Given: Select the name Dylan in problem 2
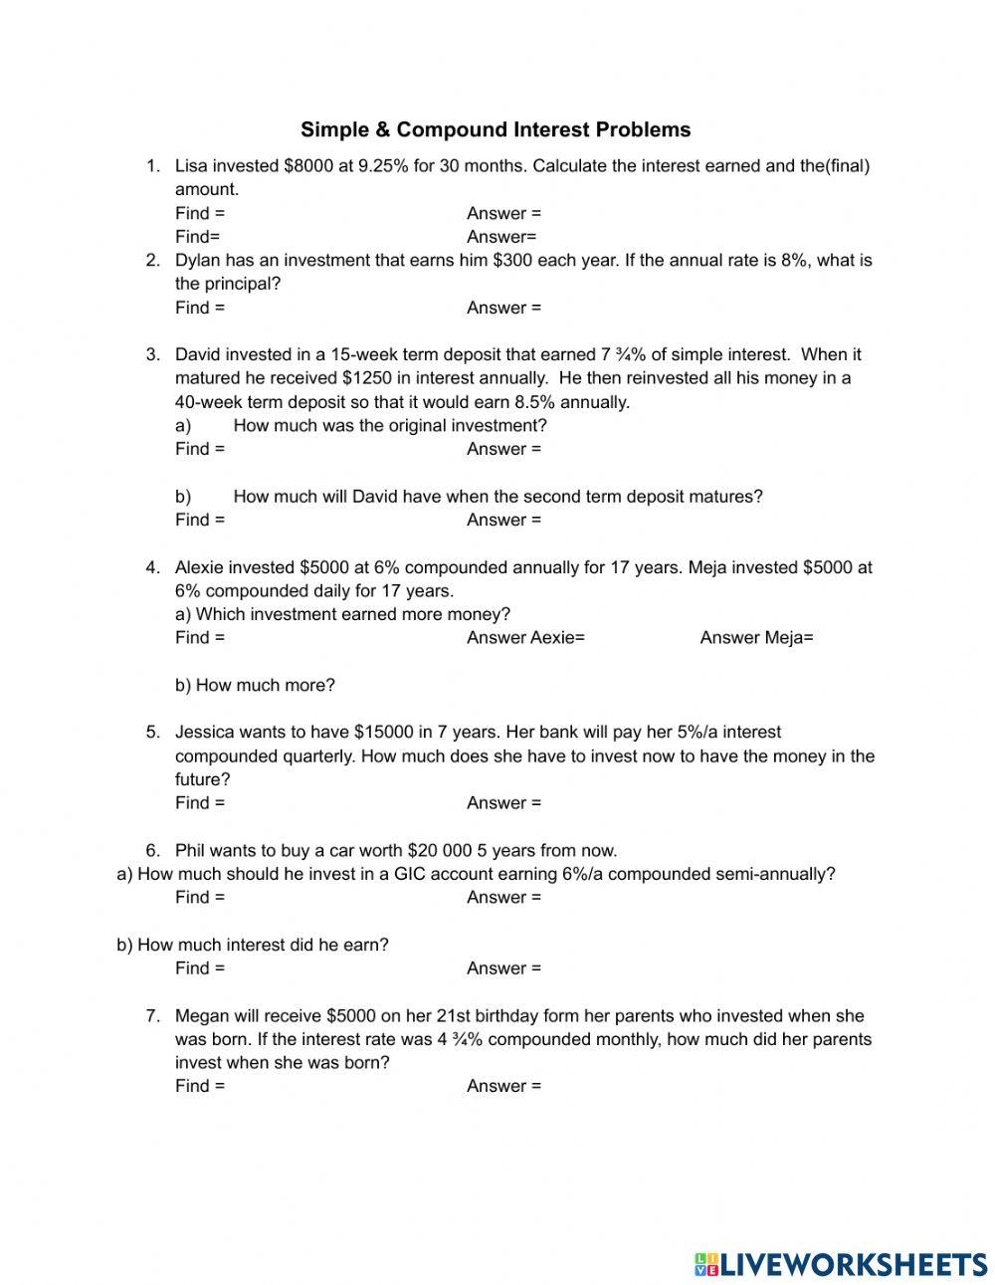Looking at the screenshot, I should click(198, 261).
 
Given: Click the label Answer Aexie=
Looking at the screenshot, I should click(525, 638).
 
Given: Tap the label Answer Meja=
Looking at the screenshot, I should click(756, 638).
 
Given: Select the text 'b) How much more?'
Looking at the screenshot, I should click(255, 685).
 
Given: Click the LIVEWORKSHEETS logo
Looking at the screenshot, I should click(841, 1263).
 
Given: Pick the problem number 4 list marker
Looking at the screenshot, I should click(152, 568).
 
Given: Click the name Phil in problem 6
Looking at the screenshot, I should click(191, 851).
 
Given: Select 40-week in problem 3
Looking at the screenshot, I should click(208, 402).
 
